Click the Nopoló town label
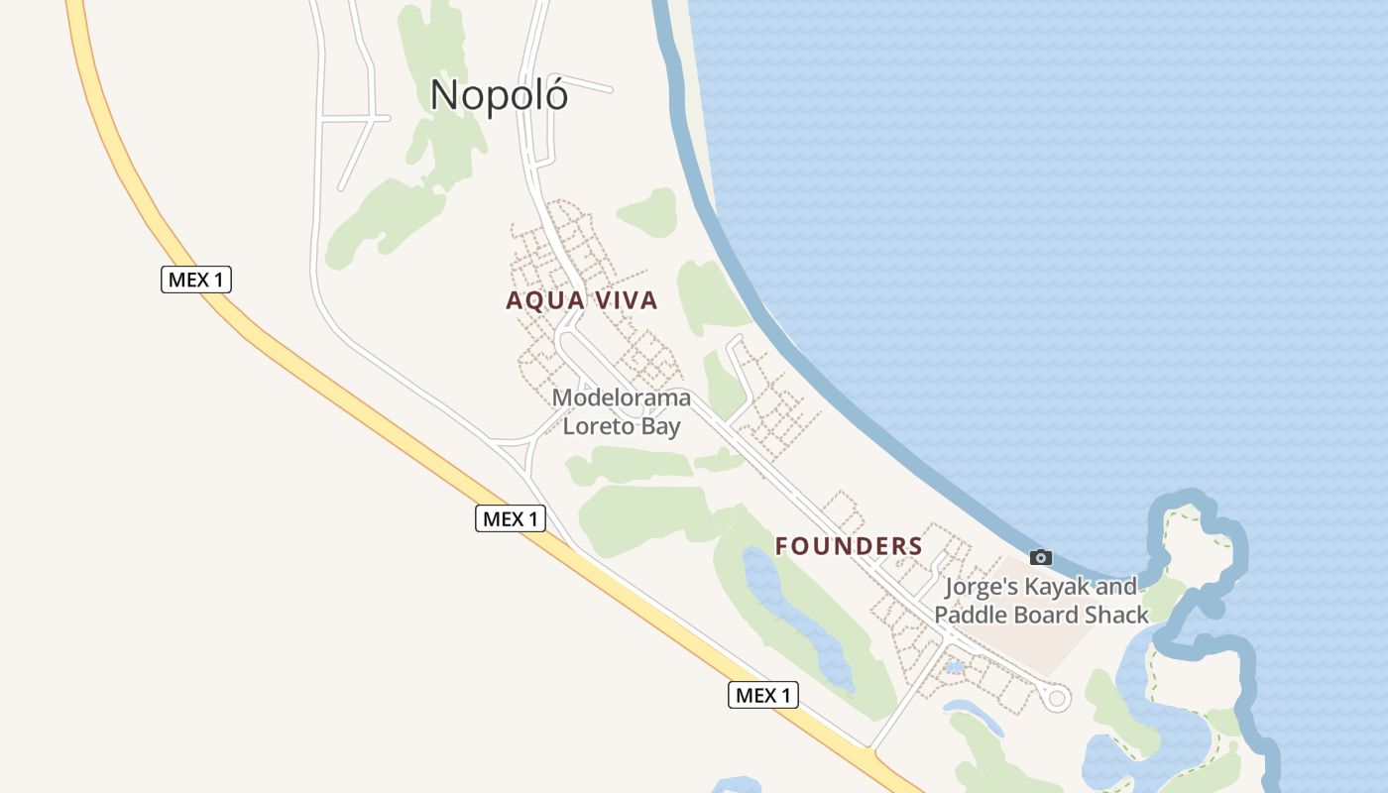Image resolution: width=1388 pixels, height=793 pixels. pos(499,95)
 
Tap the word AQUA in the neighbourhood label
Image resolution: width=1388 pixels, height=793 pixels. pos(544,300)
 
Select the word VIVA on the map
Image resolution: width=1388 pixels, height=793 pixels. pos(622,300)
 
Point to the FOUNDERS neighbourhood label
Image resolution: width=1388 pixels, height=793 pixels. pos(849,546)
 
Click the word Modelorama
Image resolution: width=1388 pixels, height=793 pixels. pos(622,398)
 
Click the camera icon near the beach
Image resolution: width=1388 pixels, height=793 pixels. pos(1040,557)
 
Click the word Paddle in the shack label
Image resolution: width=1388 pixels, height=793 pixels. pos(969,615)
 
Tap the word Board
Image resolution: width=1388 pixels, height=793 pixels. pos(1044,615)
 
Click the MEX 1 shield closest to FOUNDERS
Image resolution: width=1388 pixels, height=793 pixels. pos(763,695)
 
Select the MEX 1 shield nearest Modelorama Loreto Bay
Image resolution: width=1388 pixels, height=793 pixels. pos(511,517)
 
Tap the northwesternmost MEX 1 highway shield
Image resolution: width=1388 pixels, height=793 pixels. pos(196,280)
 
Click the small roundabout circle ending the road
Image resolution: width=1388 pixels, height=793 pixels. pos(1057,699)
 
